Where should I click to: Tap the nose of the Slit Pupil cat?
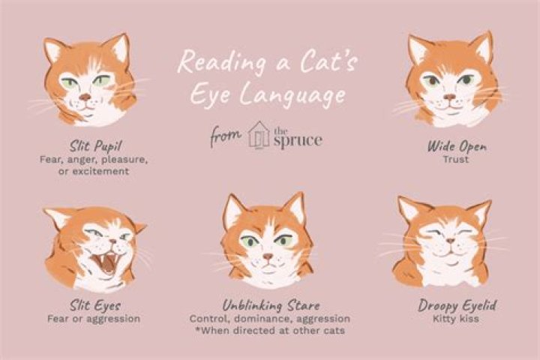[x=85, y=97]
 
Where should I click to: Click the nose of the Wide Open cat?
[x=450, y=97]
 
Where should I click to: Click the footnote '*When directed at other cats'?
[x=271, y=331]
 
